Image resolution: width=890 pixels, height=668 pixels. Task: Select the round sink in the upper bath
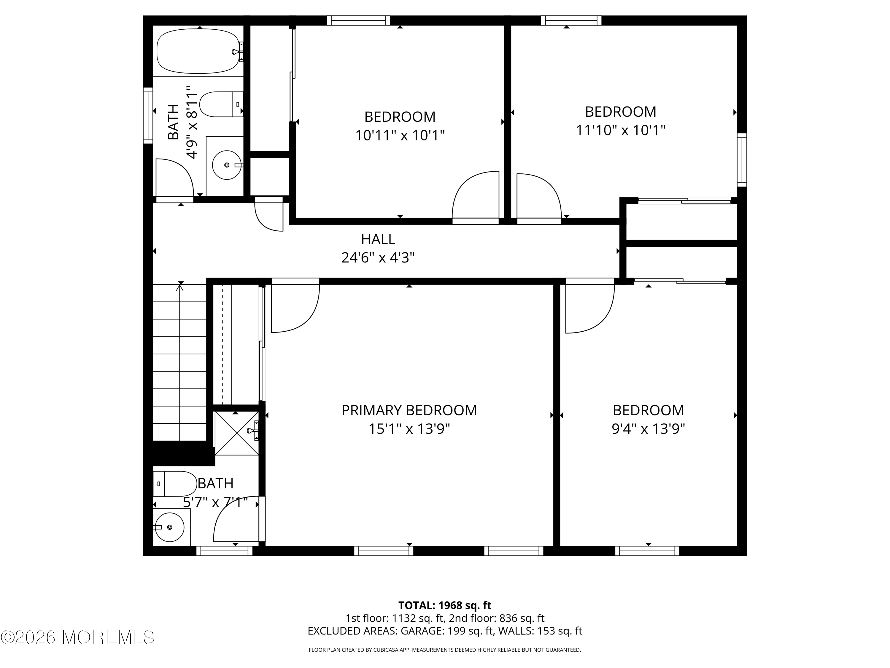tap(227, 165)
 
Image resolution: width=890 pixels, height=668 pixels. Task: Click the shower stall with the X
tap(236, 433)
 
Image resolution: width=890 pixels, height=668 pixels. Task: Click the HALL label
tap(378, 239)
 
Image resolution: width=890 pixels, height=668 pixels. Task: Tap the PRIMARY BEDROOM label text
tap(409, 410)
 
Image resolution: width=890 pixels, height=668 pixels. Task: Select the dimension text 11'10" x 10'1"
tap(620, 130)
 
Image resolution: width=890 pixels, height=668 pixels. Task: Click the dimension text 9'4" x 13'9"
tap(648, 429)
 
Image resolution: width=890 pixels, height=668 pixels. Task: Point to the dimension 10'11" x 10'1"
tap(400, 135)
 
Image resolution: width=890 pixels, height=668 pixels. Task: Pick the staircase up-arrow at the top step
tap(180, 288)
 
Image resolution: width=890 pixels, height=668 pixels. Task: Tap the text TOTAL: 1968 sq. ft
tap(445, 605)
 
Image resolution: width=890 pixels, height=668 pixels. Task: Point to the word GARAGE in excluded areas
tap(422, 631)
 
